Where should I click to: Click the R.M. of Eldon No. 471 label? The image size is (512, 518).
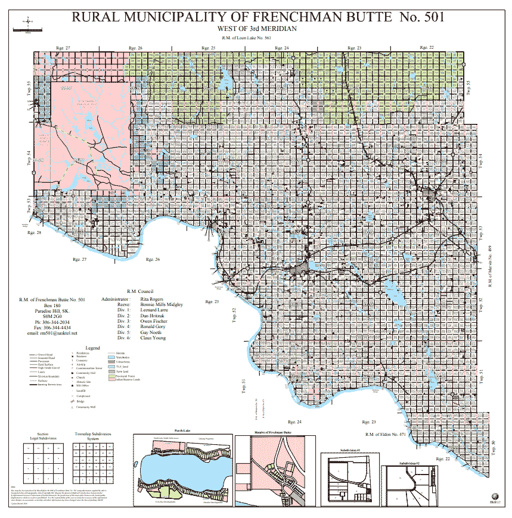point(386,434)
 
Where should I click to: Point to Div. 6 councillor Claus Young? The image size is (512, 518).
point(154,338)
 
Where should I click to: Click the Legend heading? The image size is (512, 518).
point(92,347)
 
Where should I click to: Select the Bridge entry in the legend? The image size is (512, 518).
point(80,401)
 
